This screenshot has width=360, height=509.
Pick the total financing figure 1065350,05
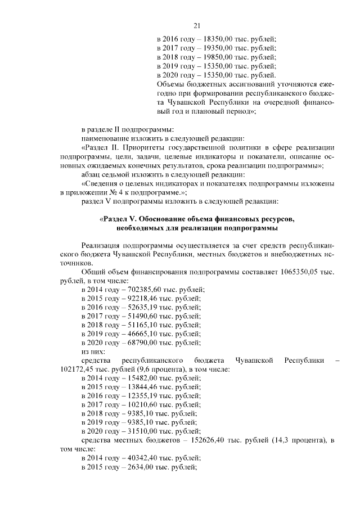[303, 271]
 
